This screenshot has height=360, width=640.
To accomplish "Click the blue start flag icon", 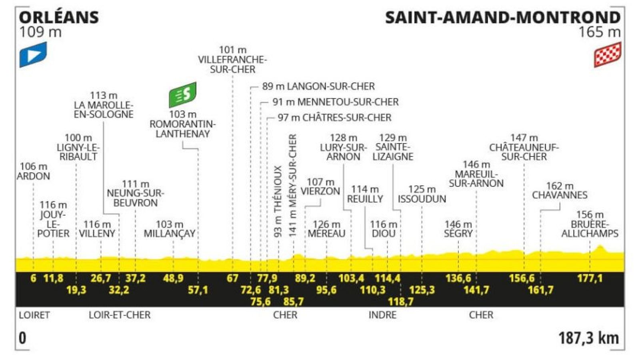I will click(x=33, y=55).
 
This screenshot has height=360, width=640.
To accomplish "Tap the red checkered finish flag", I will click(x=607, y=55).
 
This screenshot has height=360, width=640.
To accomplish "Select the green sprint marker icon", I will click(x=183, y=95).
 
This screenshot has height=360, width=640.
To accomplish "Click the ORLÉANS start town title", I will click(x=59, y=18).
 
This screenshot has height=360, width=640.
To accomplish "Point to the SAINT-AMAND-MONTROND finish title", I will click(x=502, y=18).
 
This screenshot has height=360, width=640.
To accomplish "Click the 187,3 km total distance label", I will click(x=588, y=338).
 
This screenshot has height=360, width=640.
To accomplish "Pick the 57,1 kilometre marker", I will click(x=198, y=290).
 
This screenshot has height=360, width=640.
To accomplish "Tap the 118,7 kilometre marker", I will click(x=400, y=302).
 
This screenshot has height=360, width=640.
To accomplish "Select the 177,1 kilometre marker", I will click(x=590, y=278).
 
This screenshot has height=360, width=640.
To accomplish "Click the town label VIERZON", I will click(x=320, y=191).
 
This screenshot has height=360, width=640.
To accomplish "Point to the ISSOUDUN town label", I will click(x=422, y=199).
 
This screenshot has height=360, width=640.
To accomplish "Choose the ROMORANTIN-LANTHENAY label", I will click(x=183, y=129).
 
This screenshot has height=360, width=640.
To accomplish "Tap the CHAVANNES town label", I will click(x=560, y=195).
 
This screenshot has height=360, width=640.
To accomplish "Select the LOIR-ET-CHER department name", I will click(x=120, y=315).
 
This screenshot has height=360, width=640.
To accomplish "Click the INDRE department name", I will click(x=382, y=315).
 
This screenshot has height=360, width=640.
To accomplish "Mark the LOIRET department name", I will click(x=34, y=315).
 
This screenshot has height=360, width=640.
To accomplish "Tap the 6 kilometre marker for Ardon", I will click(x=33, y=278).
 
